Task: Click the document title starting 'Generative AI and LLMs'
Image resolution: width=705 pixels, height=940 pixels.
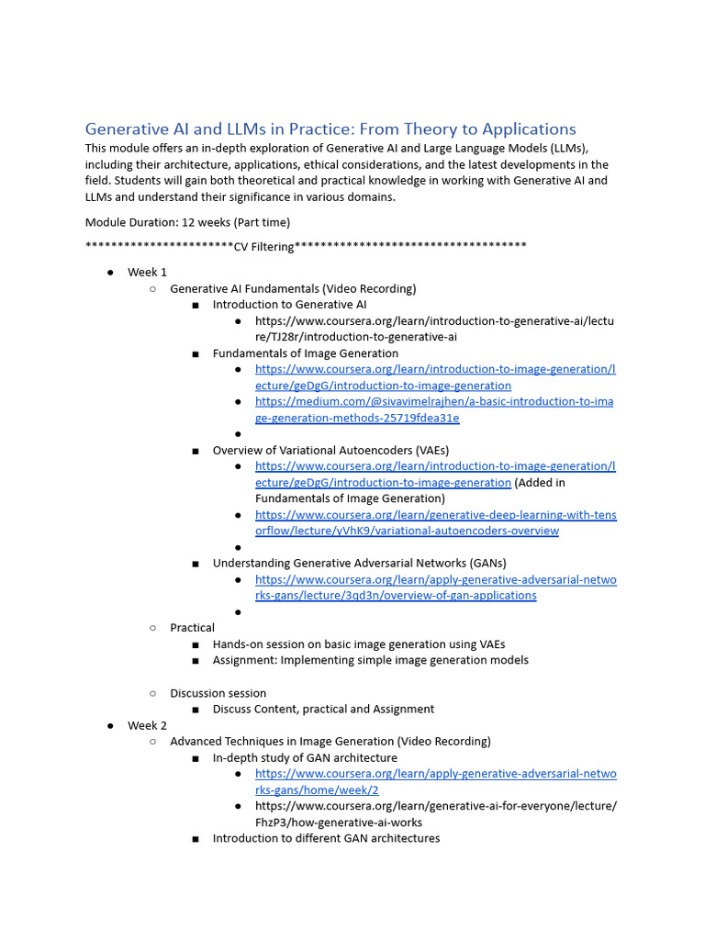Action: click(x=330, y=129)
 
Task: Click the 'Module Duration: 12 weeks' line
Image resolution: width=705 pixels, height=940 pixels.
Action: click(x=187, y=222)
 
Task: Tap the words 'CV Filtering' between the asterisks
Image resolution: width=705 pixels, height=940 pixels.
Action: click(x=263, y=246)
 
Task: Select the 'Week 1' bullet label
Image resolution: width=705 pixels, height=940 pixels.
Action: click(x=147, y=273)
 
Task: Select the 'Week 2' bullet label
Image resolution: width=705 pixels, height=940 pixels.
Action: click(x=147, y=725)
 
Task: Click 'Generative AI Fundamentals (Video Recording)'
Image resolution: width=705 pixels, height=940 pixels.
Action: click(x=293, y=288)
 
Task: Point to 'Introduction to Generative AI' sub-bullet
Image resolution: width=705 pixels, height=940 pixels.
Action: click(x=289, y=305)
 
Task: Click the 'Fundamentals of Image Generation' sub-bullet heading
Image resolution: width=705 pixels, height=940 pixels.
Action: click(x=305, y=353)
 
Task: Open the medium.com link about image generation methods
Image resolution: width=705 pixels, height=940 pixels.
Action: click(x=434, y=409)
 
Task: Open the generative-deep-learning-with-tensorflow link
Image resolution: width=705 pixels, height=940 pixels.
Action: click(x=435, y=523)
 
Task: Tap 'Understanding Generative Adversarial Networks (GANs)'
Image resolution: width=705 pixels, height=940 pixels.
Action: click(x=359, y=563)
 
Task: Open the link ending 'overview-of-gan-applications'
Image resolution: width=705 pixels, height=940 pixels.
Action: click(x=435, y=587)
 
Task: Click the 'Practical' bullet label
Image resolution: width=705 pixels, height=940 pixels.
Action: click(x=192, y=628)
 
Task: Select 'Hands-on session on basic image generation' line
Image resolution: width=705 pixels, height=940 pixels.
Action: click(x=358, y=644)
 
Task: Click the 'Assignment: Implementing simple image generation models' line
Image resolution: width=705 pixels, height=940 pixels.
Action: click(x=370, y=660)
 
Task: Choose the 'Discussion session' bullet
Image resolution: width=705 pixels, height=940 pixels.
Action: click(x=218, y=693)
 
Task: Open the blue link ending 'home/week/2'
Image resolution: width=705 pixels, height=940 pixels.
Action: click(x=435, y=781)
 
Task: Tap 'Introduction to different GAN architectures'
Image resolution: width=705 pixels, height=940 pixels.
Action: click(x=326, y=838)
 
